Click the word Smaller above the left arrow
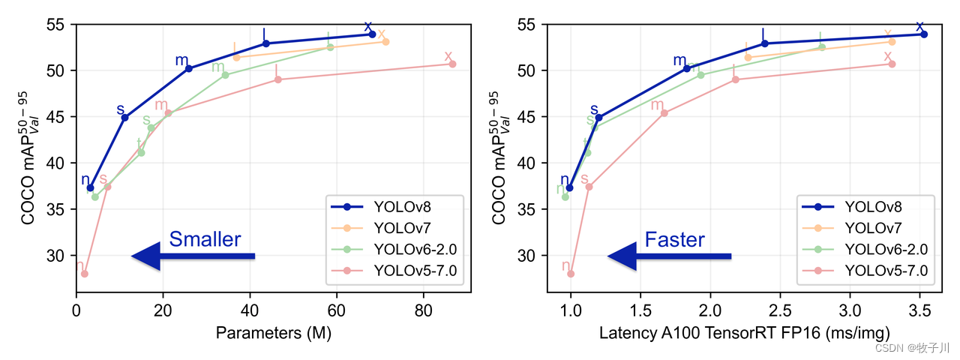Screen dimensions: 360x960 pos(205,239)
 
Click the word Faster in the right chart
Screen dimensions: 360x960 pos(674,240)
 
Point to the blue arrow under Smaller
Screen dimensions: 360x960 pos(193,256)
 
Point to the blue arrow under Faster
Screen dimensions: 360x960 pos(669,256)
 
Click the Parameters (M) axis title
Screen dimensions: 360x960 pos(273,332)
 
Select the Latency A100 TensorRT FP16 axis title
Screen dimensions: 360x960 pos(745,332)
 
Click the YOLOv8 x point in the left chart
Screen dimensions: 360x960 pos(372,34)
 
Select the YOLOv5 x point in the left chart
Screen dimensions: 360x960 pos(452,64)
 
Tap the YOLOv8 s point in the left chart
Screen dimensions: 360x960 pos(124,118)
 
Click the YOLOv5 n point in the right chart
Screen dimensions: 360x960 pos(571,274)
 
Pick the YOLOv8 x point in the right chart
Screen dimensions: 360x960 pos(924,34)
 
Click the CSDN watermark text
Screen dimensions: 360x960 pos(913,348)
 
